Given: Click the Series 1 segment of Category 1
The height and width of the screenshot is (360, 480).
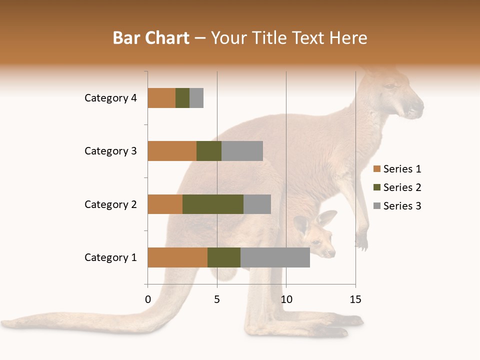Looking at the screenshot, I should (x=177, y=257).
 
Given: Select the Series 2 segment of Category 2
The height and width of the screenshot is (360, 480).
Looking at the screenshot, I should (x=213, y=204).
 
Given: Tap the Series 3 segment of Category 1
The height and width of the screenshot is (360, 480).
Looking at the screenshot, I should (x=275, y=257).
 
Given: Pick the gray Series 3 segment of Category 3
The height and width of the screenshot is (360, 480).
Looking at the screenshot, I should (x=242, y=151).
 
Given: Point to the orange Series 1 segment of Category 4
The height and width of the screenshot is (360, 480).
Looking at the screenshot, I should (x=161, y=98).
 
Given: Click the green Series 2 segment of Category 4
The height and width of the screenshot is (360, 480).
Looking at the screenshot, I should (x=182, y=98).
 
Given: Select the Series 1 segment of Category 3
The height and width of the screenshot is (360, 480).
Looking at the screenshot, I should (x=172, y=151).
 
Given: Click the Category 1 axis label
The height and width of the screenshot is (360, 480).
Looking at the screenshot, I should (x=110, y=257).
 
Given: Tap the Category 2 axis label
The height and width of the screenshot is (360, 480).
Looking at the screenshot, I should (x=110, y=204).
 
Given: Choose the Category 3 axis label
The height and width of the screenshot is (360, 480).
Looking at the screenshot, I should (x=110, y=151).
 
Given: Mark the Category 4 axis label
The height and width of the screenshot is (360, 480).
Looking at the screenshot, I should (x=110, y=98).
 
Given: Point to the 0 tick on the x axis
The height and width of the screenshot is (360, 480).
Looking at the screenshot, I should (x=148, y=299).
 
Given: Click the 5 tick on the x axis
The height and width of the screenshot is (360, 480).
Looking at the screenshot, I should (x=217, y=299).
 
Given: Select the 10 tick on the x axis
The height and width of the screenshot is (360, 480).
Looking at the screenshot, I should (x=286, y=299).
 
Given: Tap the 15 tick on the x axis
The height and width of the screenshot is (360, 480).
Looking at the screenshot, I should (x=355, y=299).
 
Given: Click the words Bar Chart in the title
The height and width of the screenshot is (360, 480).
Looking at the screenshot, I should (x=151, y=38).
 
